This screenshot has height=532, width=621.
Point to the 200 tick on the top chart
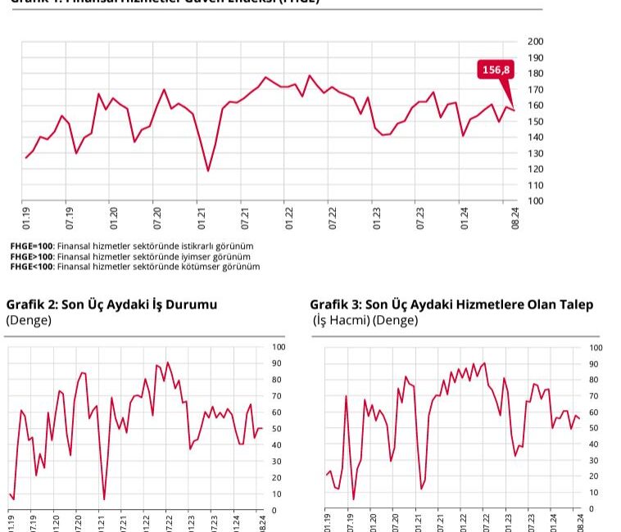point(536,42)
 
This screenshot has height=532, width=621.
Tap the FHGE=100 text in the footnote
point(32,246)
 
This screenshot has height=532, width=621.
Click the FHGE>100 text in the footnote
point(32,256)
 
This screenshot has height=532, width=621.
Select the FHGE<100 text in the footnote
point(32,266)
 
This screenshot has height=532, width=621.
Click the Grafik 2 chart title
point(112,304)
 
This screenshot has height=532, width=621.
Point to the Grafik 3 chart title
point(451,304)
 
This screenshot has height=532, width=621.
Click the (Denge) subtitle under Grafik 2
point(29,320)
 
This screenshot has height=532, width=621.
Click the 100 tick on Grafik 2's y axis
point(279,347)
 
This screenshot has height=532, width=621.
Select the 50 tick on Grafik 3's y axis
point(595,428)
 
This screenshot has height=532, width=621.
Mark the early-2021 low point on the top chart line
point(208,171)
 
